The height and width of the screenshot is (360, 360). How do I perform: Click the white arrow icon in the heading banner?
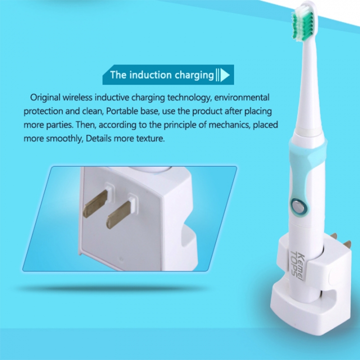(225, 75)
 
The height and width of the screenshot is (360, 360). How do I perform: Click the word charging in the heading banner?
(194, 75)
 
